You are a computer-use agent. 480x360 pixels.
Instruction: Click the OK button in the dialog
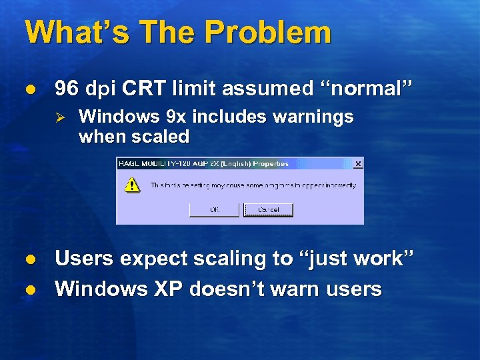click(x=214, y=209)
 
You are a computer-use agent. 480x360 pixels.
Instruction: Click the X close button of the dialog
click(x=358, y=163)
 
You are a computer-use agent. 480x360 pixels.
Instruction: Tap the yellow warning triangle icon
click(x=133, y=185)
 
